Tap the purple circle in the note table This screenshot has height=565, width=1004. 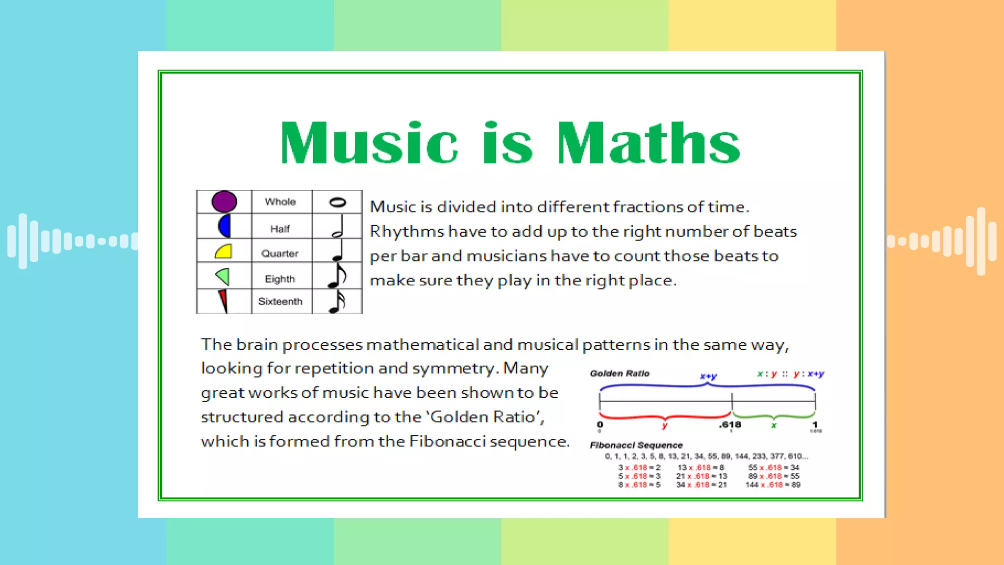(x=224, y=202)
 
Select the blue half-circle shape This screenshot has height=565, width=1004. (x=225, y=226)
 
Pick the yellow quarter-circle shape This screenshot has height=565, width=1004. (x=224, y=251)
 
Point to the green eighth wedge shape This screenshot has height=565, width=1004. (x=223, y=277)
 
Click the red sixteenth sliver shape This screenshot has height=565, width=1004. (x=223, y=300)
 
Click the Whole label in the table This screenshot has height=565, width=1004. (x=280, y=202)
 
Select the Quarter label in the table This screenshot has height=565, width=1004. (x=279, y=254)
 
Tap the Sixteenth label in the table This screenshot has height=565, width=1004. (x=280, y=302)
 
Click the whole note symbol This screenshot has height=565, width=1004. (x=337, y=202)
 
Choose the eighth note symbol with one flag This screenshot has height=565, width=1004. (x=337, y=276)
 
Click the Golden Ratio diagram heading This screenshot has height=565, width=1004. (x=620, y=373)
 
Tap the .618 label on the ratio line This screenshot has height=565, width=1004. (x=730, y=425)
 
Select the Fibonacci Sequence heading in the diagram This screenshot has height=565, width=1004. (x=636, y=445)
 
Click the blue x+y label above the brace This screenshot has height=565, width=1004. (x=708, y=376)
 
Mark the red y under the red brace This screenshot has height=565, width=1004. (x=664, y=426)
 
